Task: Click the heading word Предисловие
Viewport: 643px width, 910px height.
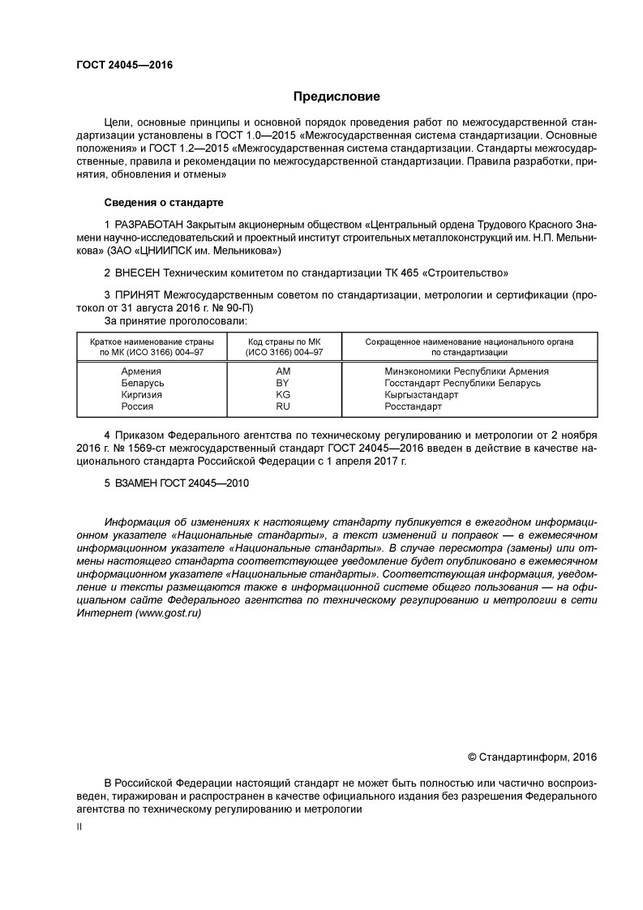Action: tap(337, 97)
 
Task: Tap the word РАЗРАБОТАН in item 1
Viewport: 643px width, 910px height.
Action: tap(148, 223)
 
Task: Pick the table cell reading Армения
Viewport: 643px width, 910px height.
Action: tap(142, 371)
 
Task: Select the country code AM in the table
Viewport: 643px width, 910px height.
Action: tap(283, 371)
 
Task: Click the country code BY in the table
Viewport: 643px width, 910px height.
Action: tap(283, 383)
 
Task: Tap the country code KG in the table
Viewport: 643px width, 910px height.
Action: tap(283, 394)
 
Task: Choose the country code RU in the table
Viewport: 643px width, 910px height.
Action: tap(283, 406)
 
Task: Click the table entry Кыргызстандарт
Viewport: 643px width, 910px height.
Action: tap(422, 394)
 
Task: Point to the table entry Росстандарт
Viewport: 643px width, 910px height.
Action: tap(414, 406)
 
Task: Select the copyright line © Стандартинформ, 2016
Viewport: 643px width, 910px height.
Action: tap(532, 757)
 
